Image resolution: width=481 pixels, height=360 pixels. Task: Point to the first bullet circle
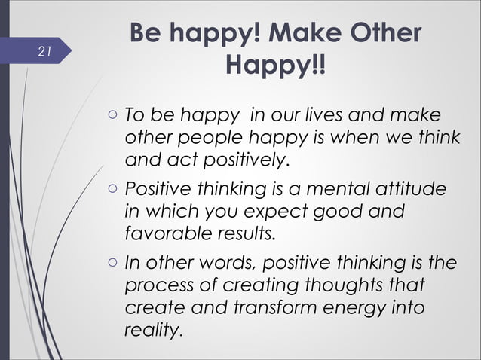pos(111,117)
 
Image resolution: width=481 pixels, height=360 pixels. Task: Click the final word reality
pos(153,329)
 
